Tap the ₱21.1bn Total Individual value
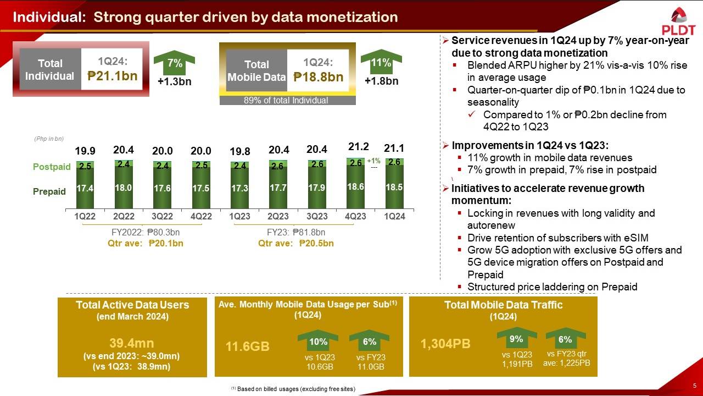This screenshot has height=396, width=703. [x=113, y=76]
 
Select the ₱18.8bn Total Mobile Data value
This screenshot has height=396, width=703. [x=319, y=77]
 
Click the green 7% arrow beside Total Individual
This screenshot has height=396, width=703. [x=175, y=64]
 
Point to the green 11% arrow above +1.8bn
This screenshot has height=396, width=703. [x=381, y=64]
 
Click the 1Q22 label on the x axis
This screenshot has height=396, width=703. [x=85, y=217]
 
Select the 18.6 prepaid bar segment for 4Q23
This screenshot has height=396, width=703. [x=355, y=187]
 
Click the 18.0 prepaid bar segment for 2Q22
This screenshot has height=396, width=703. [x=122, y=187]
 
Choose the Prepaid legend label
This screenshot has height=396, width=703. [x=49, y=191]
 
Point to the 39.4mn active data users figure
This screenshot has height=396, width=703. [x=132, y=343]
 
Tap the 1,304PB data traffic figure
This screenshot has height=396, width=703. [x=445, y=344]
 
